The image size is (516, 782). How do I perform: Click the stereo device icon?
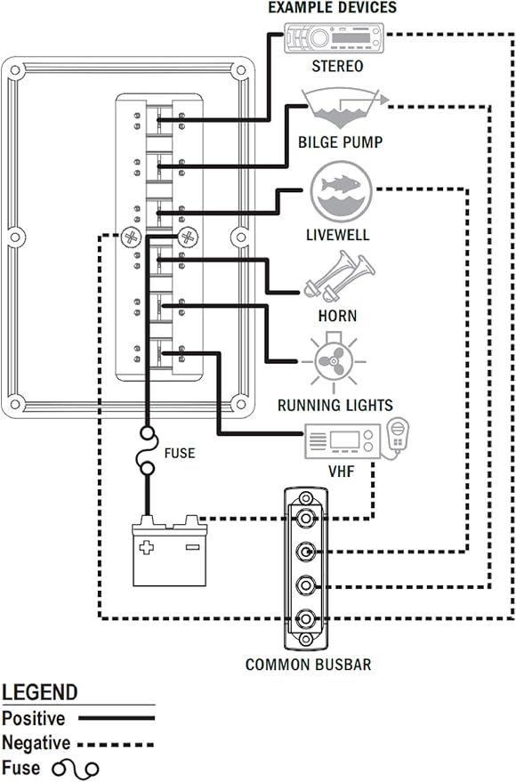[334, 39]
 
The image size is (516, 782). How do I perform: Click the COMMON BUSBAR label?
[308, 664]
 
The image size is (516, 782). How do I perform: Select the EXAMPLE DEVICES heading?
[334, 8]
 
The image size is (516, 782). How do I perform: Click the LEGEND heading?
[40, 692]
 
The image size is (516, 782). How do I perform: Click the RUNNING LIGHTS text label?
[335, 405]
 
